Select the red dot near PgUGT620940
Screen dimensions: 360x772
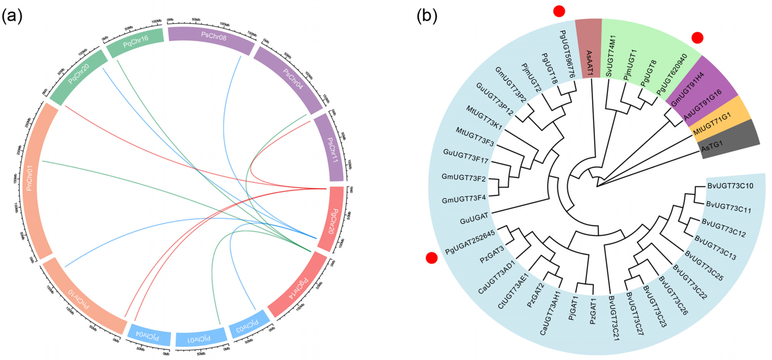[697, 38]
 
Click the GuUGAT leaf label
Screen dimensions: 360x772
[474, 219]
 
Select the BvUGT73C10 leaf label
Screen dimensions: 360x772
[730, 186]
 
